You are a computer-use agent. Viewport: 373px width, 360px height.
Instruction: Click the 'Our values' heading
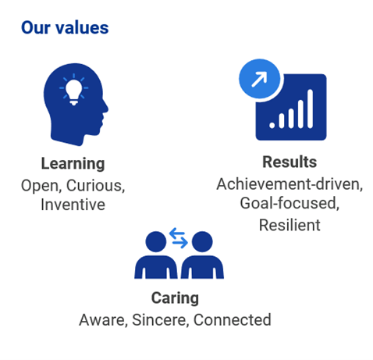(x=65, y=27)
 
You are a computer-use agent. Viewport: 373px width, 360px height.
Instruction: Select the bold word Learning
(x=73, y=164)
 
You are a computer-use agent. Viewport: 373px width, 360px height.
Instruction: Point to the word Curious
(x=95, y=186)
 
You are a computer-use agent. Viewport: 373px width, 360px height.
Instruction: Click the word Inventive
(x=73, y=205)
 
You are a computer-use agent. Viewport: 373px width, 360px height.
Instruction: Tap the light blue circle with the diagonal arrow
(x=259, y=79)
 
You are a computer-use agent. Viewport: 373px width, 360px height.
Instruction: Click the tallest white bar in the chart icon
(x=310, y=109)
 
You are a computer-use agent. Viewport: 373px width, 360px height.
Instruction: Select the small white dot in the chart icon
(x=272, y=125)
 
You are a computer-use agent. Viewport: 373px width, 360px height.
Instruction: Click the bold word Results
(x=290, y=162)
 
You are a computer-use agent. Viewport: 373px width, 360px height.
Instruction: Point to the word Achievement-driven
(x=290, y=184)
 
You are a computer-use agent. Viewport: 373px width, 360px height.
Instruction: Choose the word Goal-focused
(x=290, y=203)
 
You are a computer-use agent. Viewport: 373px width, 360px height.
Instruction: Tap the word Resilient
(x=290, y=225)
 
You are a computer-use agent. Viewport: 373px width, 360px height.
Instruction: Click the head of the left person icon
(x=156, y=241)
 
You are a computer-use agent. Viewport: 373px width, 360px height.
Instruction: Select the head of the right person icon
(x=202, y=241)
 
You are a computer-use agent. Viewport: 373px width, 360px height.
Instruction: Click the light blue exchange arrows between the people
(x=179, y=238)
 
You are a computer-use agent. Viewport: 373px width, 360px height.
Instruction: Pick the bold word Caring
(x=175, y=298)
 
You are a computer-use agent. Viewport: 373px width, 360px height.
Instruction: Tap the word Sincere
(x=160, y=320)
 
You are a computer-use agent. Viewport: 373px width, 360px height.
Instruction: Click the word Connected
(x=233, y=320)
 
